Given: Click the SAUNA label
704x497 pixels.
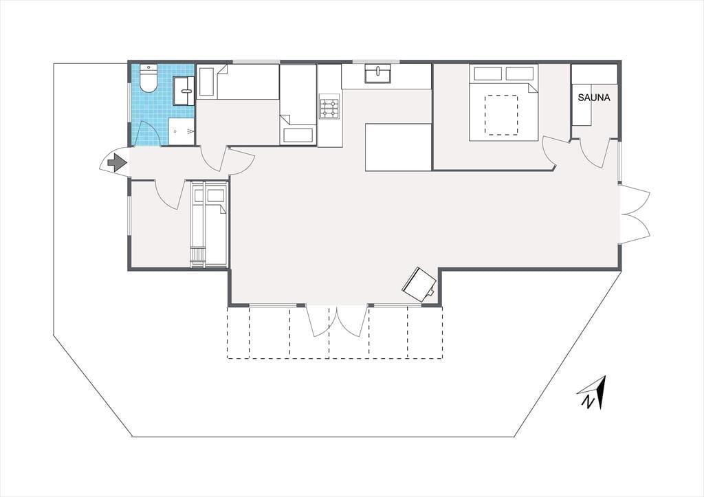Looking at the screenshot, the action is pos(594,98).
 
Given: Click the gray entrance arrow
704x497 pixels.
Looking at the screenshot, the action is pos(117,162).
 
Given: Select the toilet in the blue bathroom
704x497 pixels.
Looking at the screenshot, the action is pos(148,78).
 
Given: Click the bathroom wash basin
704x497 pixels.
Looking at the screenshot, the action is pos(184,91).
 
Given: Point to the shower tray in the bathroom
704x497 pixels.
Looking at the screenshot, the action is pos(181,131).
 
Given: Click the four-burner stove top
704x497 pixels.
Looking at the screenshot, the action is pos(329,107).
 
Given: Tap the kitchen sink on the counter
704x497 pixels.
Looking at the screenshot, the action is pos(377,74).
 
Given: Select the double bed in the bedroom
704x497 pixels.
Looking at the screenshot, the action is pos(503,103).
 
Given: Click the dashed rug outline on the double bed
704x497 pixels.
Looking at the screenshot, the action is pos(501,115).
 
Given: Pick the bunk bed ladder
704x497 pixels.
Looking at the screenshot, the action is pos(197,257).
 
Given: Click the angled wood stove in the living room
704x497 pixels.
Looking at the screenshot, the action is pos(420,285).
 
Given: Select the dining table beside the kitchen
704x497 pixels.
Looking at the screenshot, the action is pos(399,147).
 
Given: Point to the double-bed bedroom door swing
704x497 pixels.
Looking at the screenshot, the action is pos(551,153).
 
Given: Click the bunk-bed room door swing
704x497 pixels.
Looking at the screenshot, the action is pos(170,195).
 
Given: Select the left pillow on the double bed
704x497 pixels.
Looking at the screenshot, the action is pos(487,73).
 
